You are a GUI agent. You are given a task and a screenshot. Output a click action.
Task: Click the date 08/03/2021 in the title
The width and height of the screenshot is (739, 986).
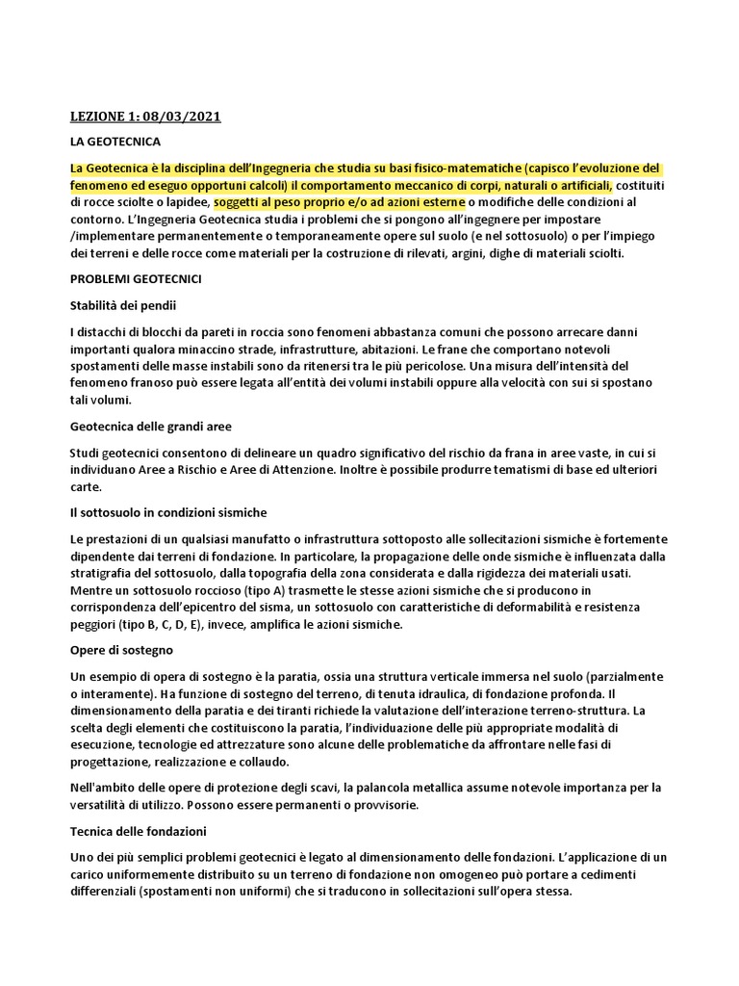[x=182, y=117]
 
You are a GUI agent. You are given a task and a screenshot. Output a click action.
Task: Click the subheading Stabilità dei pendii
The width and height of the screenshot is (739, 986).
[x=124, y=304]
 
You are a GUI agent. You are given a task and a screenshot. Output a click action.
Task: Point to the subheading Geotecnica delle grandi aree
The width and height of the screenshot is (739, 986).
[x=151, y=426]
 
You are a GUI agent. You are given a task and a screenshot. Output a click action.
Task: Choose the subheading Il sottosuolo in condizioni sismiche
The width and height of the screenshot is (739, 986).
[x=168, y=511]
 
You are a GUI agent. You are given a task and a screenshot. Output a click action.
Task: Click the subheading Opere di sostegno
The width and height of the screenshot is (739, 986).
[x=121, y=650]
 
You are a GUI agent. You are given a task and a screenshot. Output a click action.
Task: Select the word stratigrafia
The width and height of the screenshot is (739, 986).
[x=104, y=573]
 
